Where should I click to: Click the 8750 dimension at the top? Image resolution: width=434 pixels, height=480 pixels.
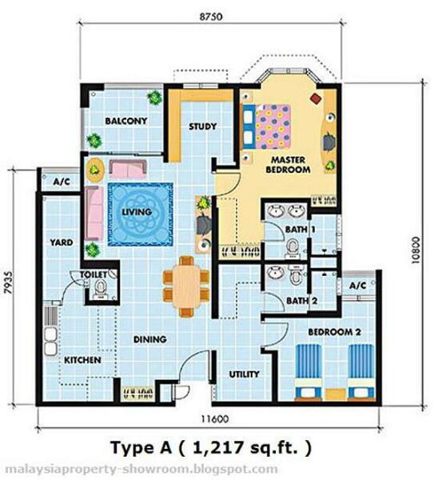coord(211,17)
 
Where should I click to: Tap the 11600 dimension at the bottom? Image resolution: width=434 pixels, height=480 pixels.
coord(215,418)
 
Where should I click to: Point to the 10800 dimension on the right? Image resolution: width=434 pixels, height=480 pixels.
coord(415,250)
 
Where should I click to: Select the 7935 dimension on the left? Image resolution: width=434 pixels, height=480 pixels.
coord(9,282)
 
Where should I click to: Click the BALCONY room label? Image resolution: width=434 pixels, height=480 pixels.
coord(126,121)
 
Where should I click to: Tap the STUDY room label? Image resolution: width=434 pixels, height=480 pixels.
coord(202,126)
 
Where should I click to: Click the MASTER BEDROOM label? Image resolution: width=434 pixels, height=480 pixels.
coord(288,164)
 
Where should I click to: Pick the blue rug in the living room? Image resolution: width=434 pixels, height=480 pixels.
coord(141,214)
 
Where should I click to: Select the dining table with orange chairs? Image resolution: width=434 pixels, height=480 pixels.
coord(186,286)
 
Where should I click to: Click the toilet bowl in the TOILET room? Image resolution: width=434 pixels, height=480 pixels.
coord(100,290)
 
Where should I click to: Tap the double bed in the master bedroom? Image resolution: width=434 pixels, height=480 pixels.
coord(266,126)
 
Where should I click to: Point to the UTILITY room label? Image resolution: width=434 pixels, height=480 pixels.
coord(244,374)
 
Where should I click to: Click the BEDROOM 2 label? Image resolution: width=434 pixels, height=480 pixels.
coord(334,332)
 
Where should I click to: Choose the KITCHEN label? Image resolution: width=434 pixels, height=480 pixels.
coord(82,360)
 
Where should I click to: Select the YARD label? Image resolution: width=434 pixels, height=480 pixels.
coord(62,242)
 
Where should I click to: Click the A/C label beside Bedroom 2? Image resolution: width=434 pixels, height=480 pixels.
coord(358,286)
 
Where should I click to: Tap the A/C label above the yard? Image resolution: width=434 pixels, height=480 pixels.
coord(62,182)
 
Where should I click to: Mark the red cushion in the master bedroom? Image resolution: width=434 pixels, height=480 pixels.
coord(316,98)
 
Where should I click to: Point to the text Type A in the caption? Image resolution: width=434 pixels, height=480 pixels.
coord(141,448)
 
